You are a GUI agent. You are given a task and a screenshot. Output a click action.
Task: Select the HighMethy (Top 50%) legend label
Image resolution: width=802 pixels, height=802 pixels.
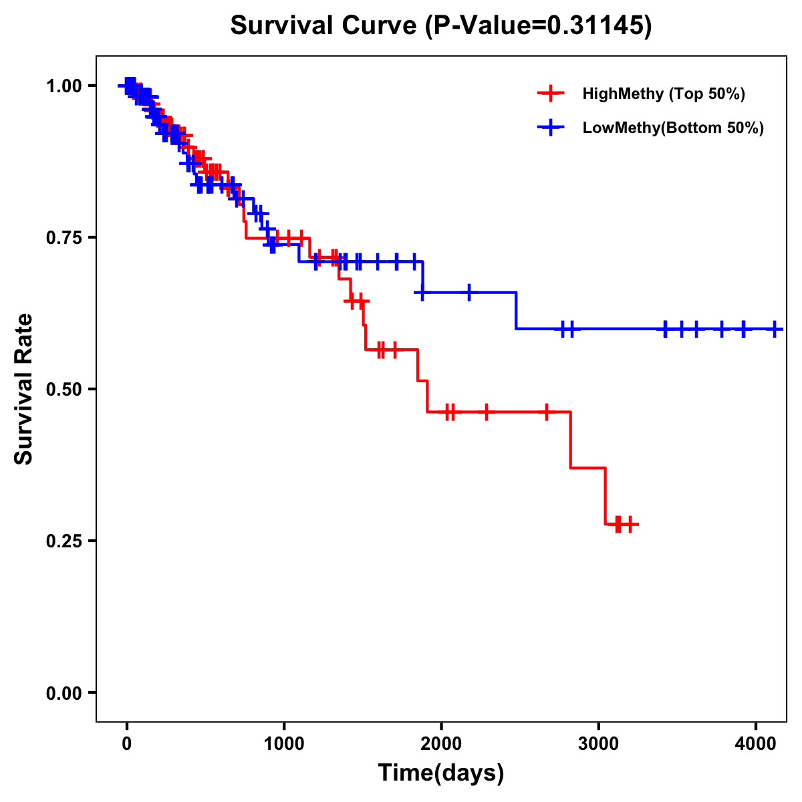[x=664, y=94]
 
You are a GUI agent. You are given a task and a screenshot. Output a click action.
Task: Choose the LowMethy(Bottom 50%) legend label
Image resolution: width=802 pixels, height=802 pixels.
[x=673, y=128]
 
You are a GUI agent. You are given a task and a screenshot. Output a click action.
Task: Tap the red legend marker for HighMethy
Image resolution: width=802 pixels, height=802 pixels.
[x=550, y=94]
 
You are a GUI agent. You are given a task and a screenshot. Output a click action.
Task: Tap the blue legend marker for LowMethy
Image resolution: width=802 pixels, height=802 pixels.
[x=550, y=128]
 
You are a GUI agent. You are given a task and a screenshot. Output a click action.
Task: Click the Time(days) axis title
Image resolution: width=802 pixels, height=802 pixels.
[x=441, y=773]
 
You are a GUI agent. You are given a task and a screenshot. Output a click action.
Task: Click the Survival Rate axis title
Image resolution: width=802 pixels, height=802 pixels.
[x=24, y=389]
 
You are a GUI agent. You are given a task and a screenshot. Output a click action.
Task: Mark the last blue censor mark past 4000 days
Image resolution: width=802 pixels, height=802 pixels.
[x=775, y=329]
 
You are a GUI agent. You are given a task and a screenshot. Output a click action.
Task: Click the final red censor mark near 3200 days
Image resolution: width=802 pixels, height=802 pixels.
[x=630, y=525]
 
